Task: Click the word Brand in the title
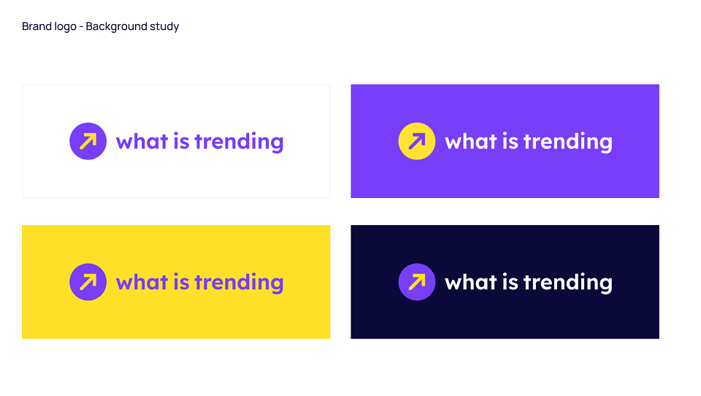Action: tap(37, 26)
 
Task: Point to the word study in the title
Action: tap(164, 27)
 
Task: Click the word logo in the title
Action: tap(66, 27)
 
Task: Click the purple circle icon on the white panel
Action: tap(88, 141)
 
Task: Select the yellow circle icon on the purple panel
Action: tap(417, 141)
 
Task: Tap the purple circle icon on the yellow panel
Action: tap(88, 282)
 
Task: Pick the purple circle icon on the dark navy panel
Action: tap(417, 282)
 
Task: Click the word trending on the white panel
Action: tap(240, 142)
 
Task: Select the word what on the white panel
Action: tap(142, 142)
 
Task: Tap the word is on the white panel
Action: tap(182, 142)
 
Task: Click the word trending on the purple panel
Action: tap(568, 142)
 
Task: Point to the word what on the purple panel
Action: tap(470, 142)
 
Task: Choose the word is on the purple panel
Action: tap(510, 142)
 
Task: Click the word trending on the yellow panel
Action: tap(240, 283)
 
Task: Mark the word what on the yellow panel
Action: tap(142, 282)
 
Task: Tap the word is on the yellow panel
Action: tap(182, 282)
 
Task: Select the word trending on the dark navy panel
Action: tap(568, 283)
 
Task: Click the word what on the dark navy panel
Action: tap(470, 282)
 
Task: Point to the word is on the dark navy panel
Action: tap(510, 282)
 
